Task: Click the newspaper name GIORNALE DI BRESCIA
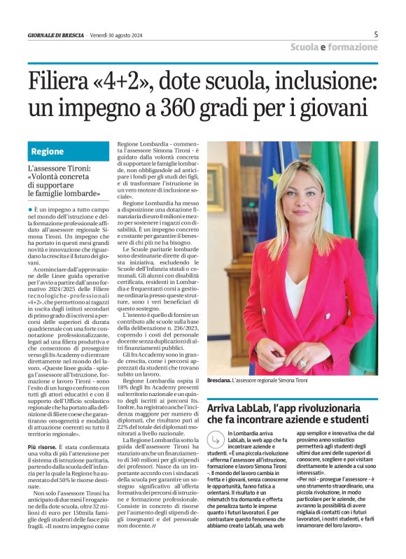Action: [55, 35]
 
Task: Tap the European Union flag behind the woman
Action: [269, 189]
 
